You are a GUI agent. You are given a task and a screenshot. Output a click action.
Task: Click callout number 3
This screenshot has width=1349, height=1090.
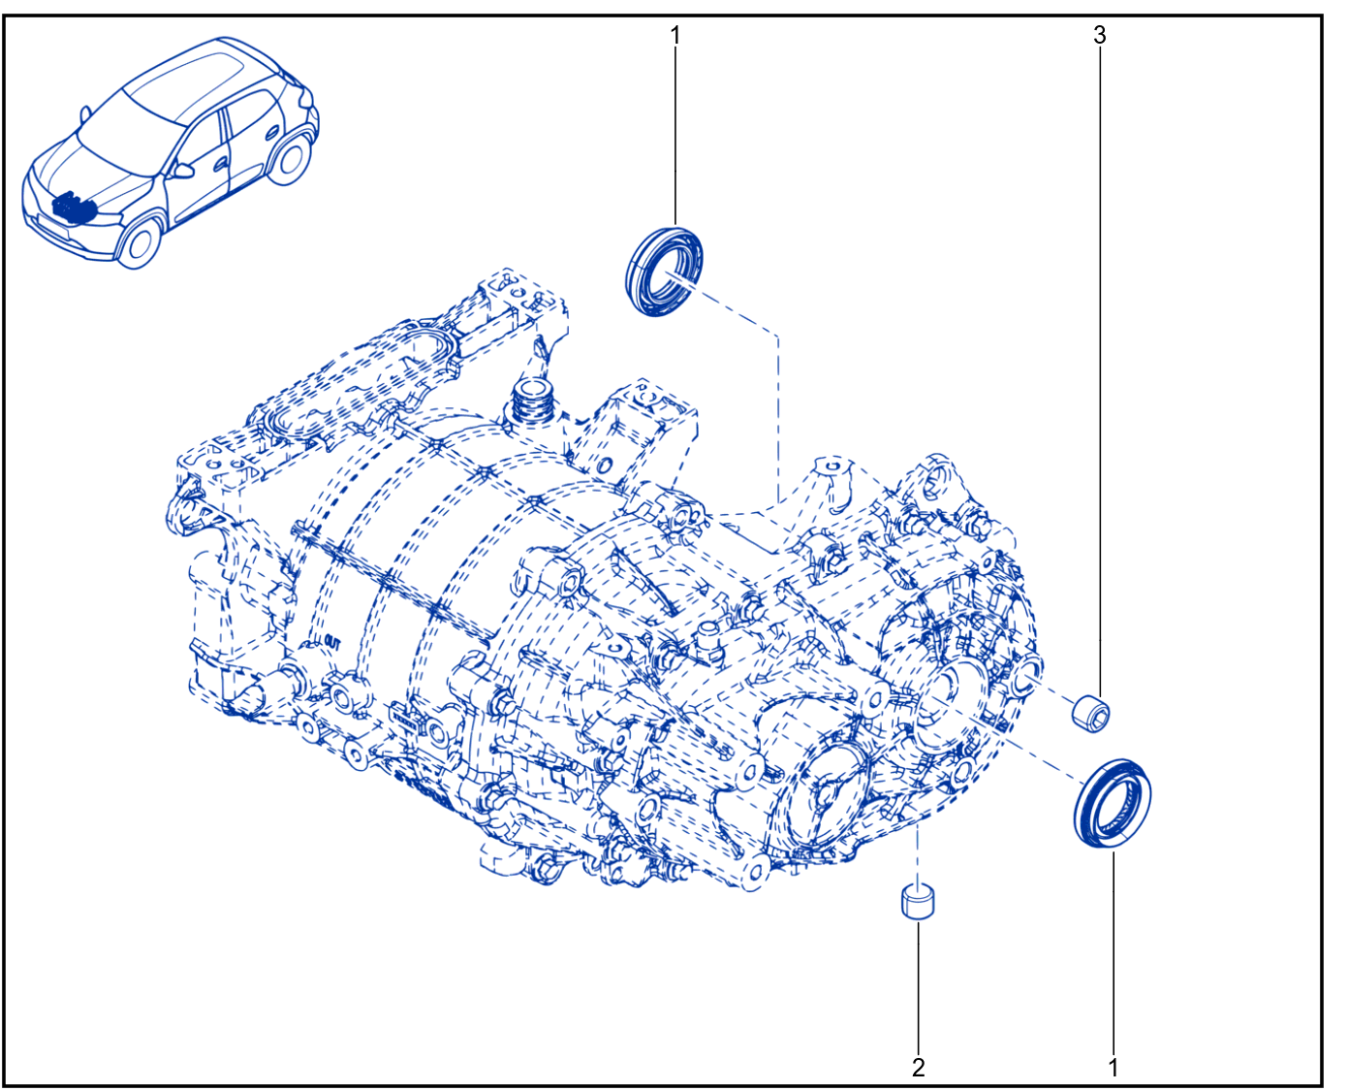click(x=1099, y=35)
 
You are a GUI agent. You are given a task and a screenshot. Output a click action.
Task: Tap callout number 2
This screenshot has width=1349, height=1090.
click(x=919, y=1067)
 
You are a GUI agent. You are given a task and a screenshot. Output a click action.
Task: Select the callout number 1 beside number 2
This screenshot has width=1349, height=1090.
click(x=1113, y=1067)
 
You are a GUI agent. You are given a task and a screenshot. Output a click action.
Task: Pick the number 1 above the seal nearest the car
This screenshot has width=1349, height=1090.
click(x=675, y=36)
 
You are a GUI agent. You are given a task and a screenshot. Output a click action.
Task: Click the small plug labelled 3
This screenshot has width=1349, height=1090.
click(x=1090, y=714)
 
